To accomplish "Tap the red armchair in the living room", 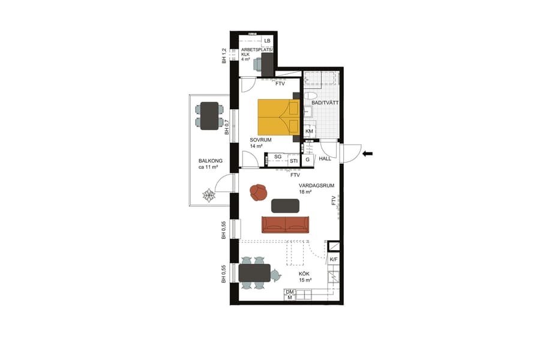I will coord(259,192).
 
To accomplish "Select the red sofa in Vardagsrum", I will coord(285,224).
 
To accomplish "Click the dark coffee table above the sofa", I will coord(285,206).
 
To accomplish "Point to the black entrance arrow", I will coord(367,154).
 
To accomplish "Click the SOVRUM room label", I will coord(261,140).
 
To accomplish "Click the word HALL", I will coord(325,159).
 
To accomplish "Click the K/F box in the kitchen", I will coord(334,259).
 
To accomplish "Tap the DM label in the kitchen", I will coord(289,292).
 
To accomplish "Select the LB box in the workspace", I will coord(267,41).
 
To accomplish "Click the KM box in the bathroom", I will coord(310,131).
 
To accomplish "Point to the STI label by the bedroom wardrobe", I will coord(293,161).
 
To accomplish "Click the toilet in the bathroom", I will coord(311,96).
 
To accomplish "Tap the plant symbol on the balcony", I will coord(208,196).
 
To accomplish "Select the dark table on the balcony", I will coord(209,116).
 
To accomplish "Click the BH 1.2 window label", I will coord(224,56).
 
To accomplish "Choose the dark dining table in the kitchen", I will coord(254,273).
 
